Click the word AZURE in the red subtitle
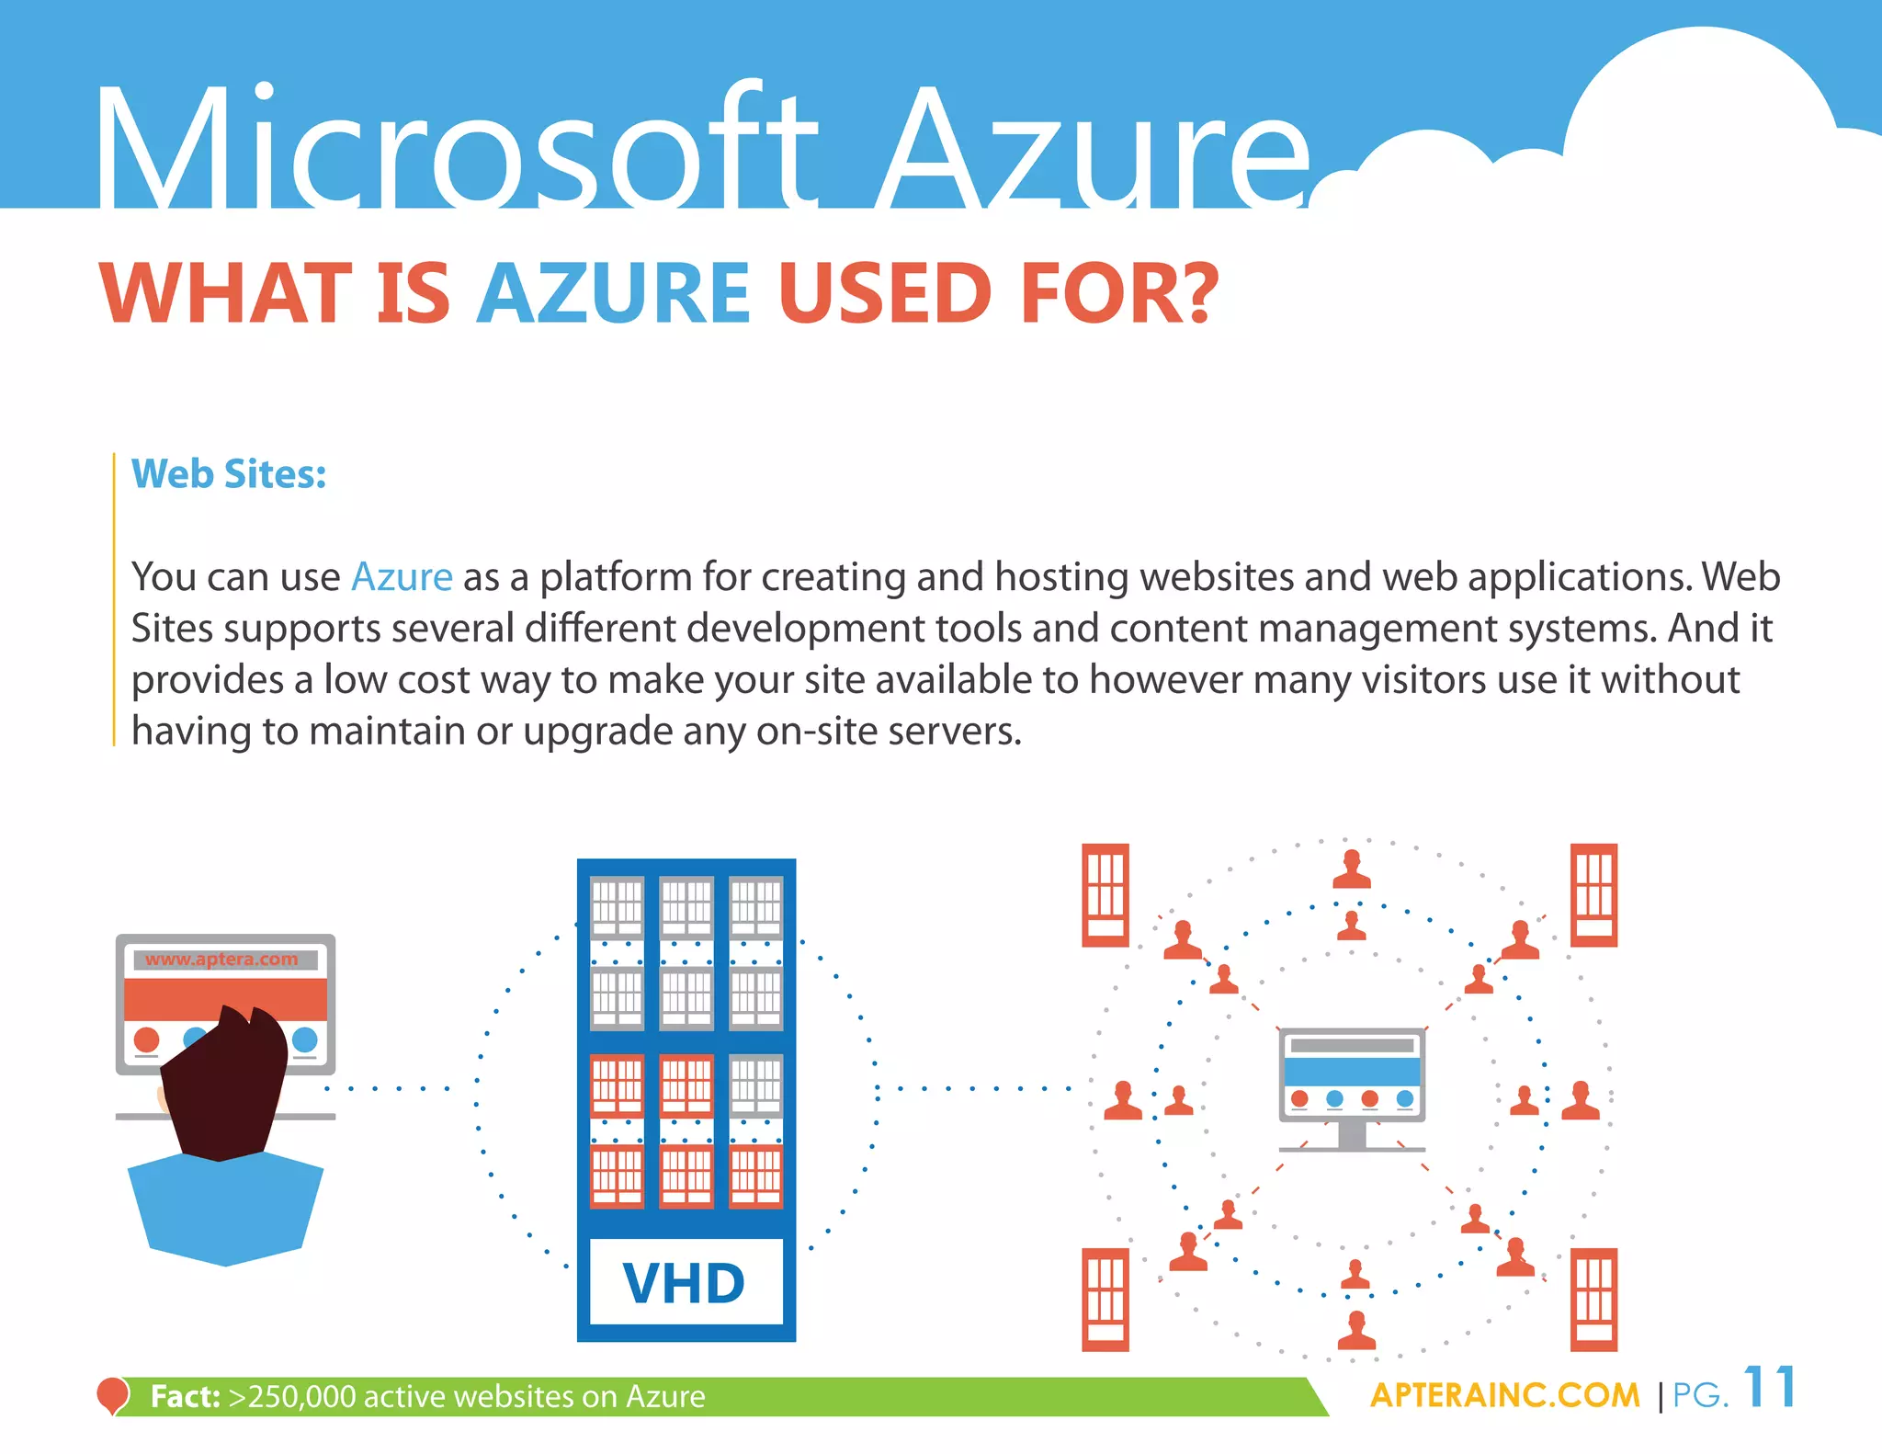point(613,293)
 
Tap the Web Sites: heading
point(229,474)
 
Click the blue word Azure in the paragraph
point(402,577)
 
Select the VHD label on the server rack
point(685,1283)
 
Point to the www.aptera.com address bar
point(222,960)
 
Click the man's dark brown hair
point(225,1085)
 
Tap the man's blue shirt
point(225,1209)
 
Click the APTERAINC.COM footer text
point(1504,1395)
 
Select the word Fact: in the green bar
point(185,1396)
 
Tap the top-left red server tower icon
point(1105,894)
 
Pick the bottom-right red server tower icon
point(1593,1299)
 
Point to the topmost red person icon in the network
point(1351,869)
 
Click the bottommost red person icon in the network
point(1356,1330)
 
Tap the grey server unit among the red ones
point(755,1085)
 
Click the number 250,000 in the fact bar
point(301,1396)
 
